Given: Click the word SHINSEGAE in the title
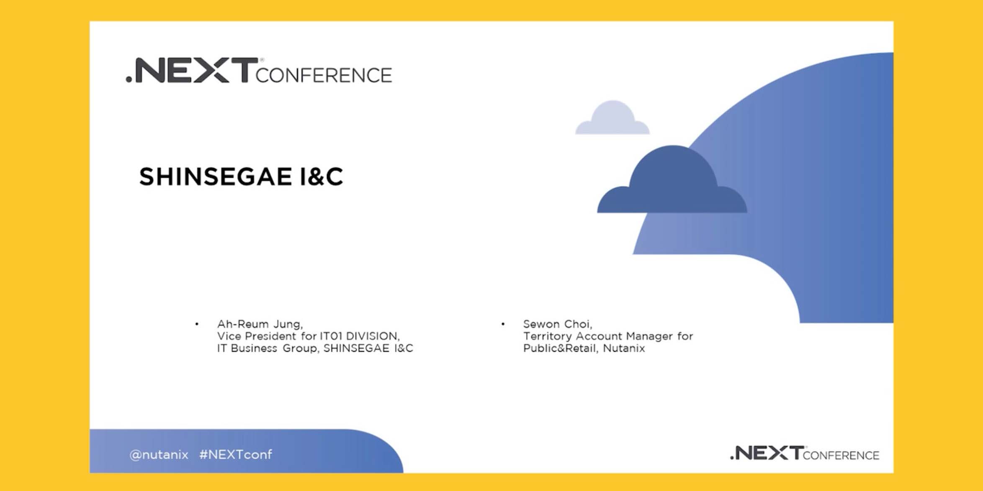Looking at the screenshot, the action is tap(215, 176).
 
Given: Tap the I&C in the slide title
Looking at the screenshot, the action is tap(322, 176).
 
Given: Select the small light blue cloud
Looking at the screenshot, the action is tap(612, 118).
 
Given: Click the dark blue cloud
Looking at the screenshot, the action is tap(672, 179).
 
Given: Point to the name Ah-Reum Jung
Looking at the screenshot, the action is tap(260, 324).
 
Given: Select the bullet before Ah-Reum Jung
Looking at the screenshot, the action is tap(197, 324).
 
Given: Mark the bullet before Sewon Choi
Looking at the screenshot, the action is tap(503, 324).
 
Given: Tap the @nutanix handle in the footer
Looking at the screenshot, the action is tap(159, 455).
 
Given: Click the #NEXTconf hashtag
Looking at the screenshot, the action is tap(236, 455).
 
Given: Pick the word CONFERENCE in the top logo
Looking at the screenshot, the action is tap(324, 75).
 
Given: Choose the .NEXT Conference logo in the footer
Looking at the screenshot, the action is tap(804, 453).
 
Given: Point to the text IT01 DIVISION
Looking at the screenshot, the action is tap(360, 336).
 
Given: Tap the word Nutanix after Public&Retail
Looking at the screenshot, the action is tap(624, 348).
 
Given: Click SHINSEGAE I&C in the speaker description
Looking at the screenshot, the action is tap(368, 348).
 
